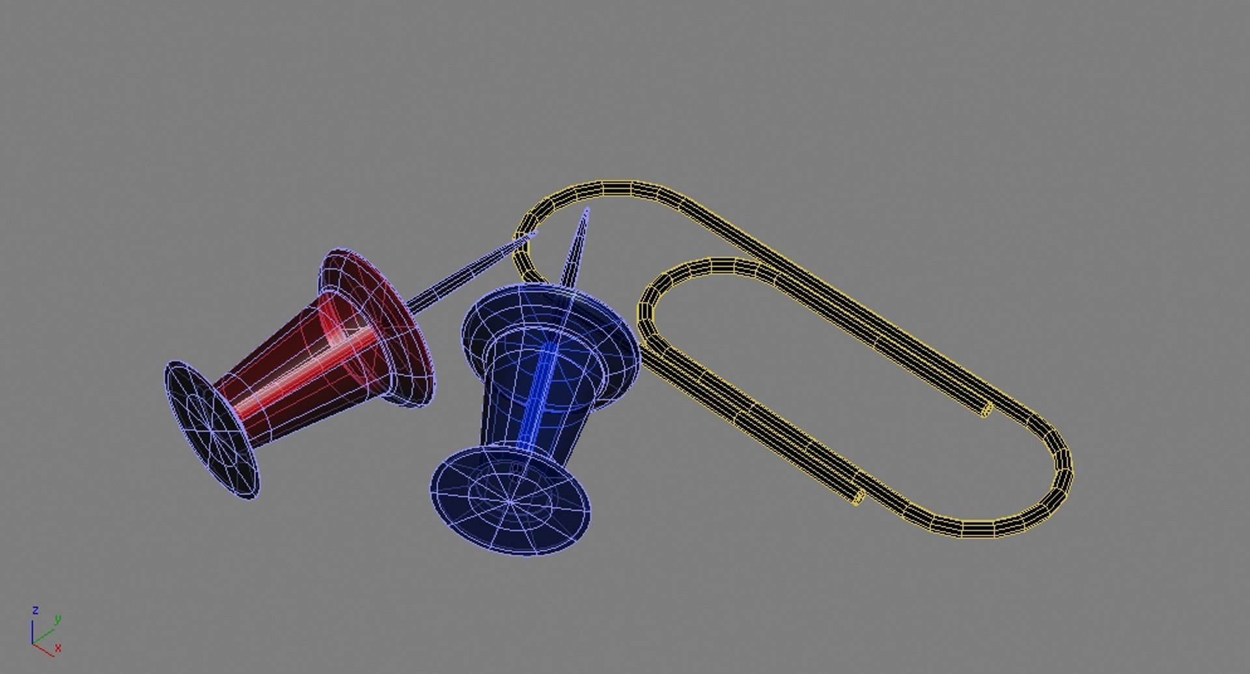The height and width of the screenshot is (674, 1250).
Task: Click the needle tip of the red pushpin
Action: (535, 233)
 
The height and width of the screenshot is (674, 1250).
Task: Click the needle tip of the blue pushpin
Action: (587, 210)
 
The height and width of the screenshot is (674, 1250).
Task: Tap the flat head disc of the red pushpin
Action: (212, 430)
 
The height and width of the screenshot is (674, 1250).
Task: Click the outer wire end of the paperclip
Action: (858, 498)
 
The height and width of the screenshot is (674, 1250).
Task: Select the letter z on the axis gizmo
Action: (35, 610)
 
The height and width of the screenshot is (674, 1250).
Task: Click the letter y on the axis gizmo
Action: (57, 619)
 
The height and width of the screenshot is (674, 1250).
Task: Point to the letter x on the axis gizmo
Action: (58, 648)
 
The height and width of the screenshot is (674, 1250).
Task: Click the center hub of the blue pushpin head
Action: (510, 501)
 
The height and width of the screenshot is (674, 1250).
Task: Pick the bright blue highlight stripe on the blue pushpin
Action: (538, 397)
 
